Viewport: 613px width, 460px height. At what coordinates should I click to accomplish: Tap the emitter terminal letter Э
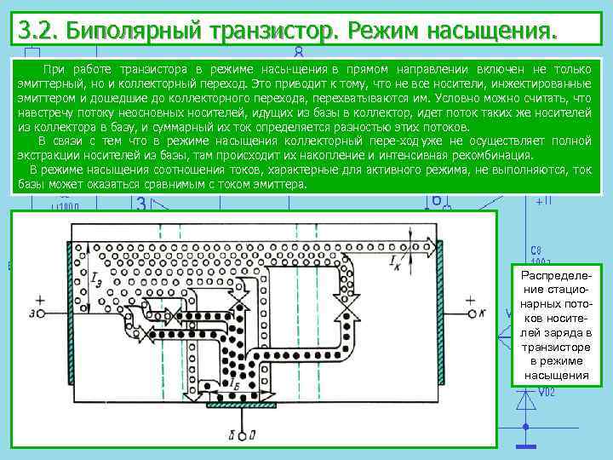pyautogui.click(x=32, y=313)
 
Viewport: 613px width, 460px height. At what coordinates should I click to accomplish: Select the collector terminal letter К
pyautogui.click(x=482, y=313)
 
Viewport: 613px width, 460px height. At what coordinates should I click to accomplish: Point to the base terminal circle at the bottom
pyautogui.click(x=243, y=436)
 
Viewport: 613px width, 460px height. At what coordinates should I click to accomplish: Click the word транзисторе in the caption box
pyautogui.click(x=556, y=347)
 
